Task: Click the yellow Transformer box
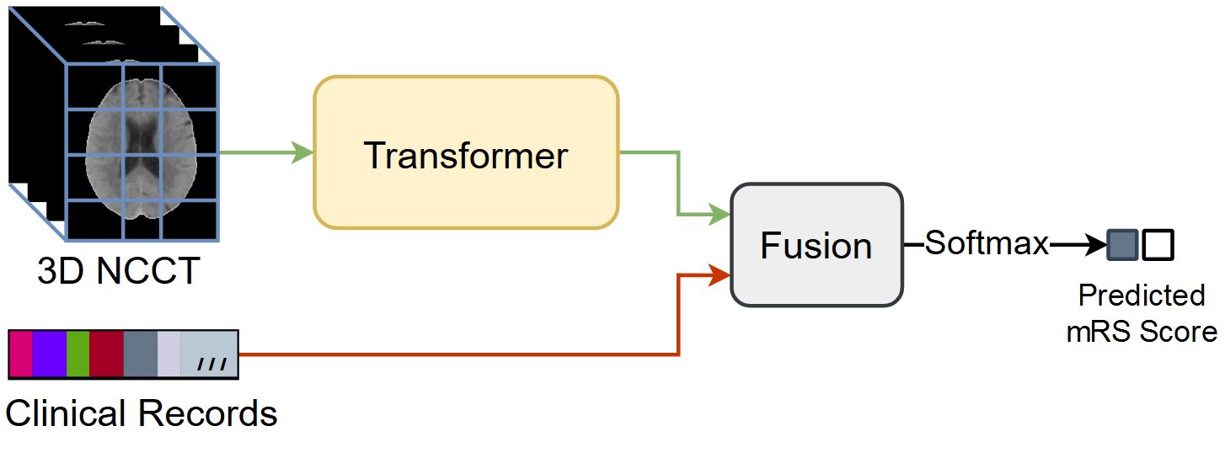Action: [x=466, y=152]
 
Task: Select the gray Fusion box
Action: [x=816, y=244]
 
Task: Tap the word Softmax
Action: [x=987, y=244]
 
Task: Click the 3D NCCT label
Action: [x=119, y=271]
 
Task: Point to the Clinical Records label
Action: [x=142, y=413]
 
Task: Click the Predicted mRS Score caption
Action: [x=1142, y=313]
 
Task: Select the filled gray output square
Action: [x=1122, y=245]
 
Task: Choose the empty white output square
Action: [x=1158, y=245]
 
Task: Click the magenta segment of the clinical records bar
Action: [x=20, y=354]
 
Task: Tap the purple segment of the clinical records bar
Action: [x=49, y=354]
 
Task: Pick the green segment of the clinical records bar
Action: [x=78, y=354]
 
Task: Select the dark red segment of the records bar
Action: [x=106, y=354]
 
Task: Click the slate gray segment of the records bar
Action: [x=140, y=354]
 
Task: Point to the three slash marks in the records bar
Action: [x=211, y=365]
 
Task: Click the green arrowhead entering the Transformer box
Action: [x=302, y=153]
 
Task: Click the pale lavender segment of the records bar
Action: [x=169, y=354]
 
